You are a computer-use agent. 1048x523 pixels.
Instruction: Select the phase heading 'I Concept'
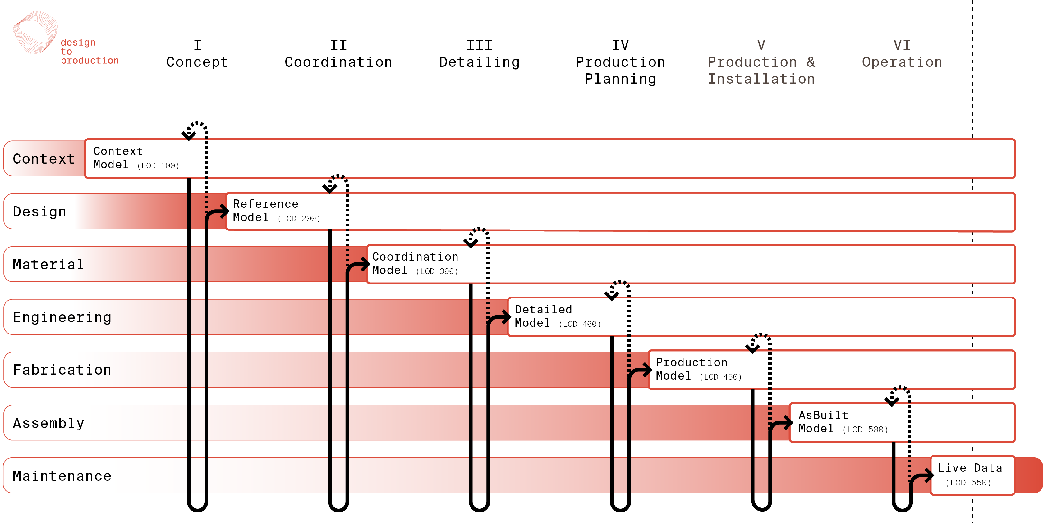(197, 54)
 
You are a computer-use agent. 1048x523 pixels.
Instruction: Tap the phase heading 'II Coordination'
(338, 54)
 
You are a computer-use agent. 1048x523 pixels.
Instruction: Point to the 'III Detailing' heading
(480, 54)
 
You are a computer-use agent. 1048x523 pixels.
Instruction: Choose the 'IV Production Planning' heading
(620, 62)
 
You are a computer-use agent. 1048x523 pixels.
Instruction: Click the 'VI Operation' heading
(902, 54)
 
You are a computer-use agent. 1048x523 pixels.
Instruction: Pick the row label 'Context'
(44, 159)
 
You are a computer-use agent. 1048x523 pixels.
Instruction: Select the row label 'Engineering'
(62, 317)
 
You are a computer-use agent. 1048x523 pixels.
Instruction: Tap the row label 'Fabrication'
(62, 370)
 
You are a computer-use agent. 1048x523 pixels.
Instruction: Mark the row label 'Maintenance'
(62, 476)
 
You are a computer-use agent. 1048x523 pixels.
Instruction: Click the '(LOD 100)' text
(158, 166)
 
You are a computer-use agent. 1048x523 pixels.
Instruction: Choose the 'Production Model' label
(692, 369)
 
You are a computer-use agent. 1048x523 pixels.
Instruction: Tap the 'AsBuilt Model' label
(823, 422)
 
